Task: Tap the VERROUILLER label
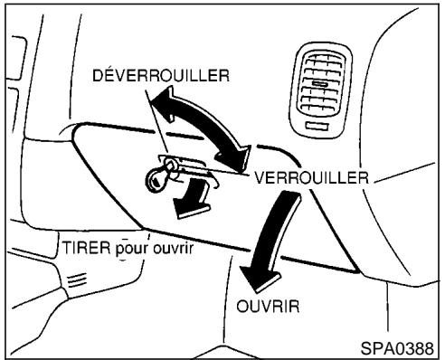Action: click(308, 178)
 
